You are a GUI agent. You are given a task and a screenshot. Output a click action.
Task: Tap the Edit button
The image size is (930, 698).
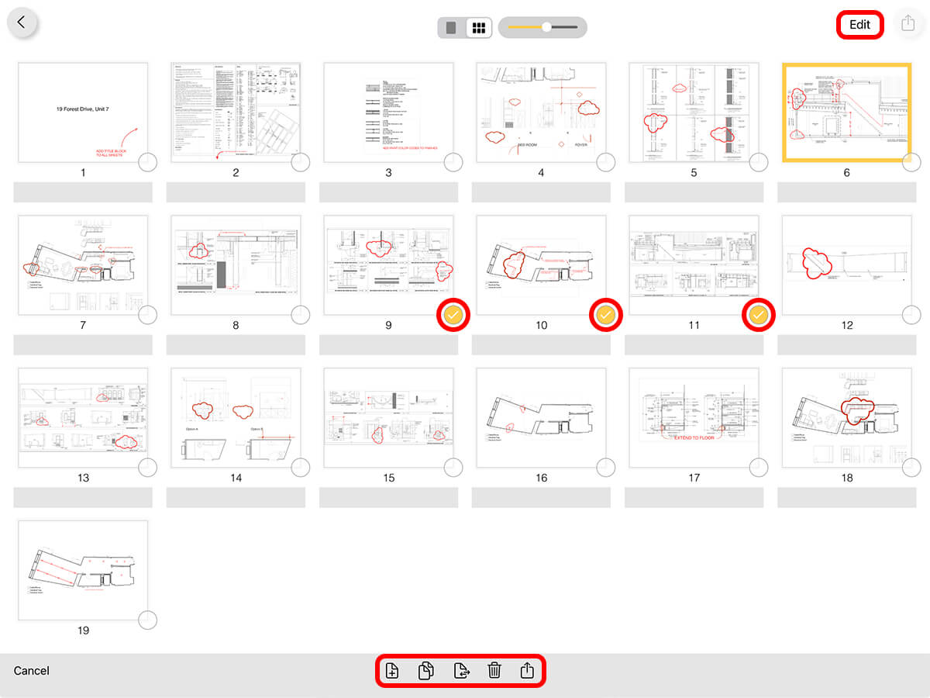point(859,24)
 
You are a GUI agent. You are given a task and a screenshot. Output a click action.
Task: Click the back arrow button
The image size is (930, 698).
point(22,22)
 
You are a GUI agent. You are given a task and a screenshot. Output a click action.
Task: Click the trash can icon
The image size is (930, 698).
point(494,670)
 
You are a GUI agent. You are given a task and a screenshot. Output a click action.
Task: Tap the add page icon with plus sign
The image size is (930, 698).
point(392,670)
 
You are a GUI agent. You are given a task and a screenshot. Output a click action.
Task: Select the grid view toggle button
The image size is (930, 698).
point(479,28)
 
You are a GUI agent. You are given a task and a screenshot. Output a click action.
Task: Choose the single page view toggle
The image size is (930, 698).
point(451,28)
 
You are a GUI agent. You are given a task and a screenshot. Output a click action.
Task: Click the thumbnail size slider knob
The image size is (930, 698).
point(546,27)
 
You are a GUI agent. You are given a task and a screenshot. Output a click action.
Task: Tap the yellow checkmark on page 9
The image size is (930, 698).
point(453,314)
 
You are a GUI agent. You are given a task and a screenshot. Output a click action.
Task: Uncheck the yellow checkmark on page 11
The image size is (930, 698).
point(759,314)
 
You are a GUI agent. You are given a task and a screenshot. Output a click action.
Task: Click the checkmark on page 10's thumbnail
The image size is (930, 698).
point(606,314)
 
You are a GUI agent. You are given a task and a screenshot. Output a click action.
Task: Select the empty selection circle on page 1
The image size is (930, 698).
point(147,162)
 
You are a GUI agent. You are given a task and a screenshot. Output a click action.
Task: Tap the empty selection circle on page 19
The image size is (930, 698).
point(147,620)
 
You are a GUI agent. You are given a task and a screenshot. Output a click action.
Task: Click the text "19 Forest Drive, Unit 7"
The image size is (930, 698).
point(82,109)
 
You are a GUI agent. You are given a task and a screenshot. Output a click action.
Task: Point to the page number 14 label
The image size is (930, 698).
point(236,478)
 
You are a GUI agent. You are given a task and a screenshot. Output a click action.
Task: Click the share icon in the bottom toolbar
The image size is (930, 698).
point(527,670)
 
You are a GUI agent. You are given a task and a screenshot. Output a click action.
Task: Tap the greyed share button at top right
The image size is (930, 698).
point(908,24)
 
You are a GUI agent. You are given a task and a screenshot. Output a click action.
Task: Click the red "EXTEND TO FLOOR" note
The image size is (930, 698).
point(694,437)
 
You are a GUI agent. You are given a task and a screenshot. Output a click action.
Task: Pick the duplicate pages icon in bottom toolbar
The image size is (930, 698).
point(425,670)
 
